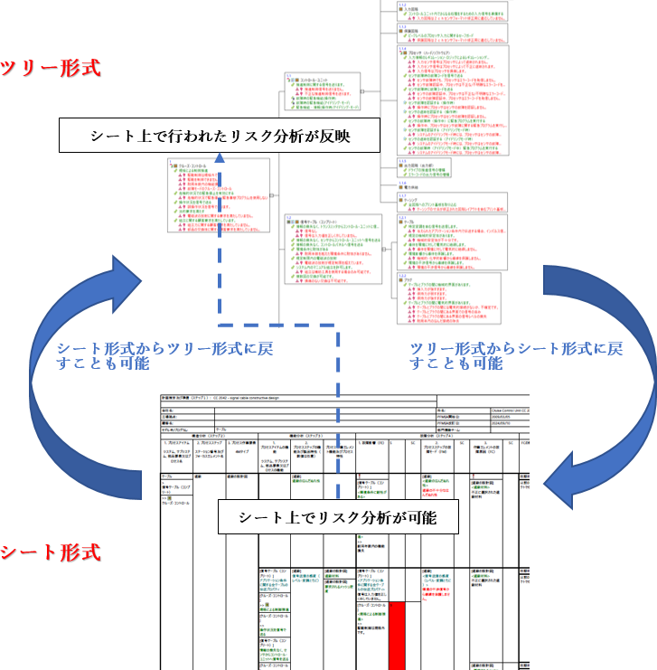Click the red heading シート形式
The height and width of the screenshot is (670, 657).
(x=51, y=552)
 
